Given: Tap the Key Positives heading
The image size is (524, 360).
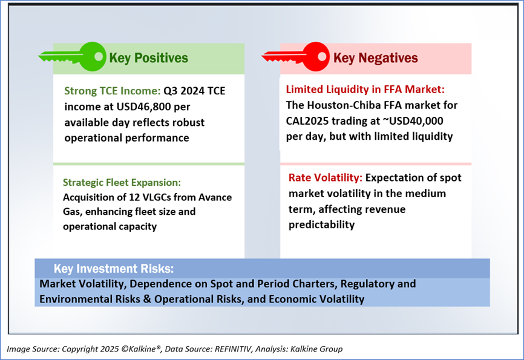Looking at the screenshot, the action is click(148, 58).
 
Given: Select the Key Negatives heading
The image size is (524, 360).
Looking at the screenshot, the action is click(375, 58).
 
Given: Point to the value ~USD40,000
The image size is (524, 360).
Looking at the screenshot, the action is click(413, 120).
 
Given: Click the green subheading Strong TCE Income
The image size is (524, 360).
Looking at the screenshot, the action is click(113, 91).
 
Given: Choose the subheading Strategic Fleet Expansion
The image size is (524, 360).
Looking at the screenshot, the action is click(122, 182).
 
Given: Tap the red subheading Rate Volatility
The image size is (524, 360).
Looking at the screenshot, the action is click(326, 177).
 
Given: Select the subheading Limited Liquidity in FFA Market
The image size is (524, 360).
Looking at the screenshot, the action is click(365, 90).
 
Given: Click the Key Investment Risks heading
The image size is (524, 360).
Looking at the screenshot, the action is click(114, 269).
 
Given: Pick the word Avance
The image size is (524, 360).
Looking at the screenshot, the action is click(215, 197).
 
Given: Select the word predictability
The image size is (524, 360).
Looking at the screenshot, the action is click(321, 224).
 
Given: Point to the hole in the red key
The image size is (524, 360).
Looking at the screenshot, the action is click(321, 56).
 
